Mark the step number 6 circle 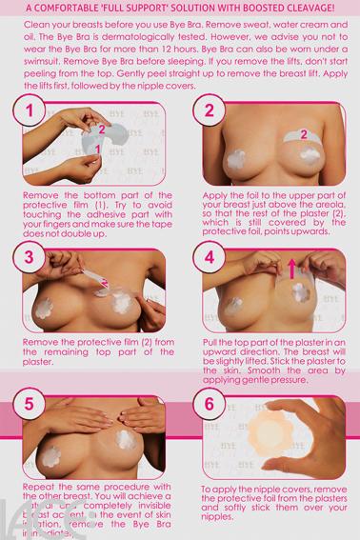pos(209,401)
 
